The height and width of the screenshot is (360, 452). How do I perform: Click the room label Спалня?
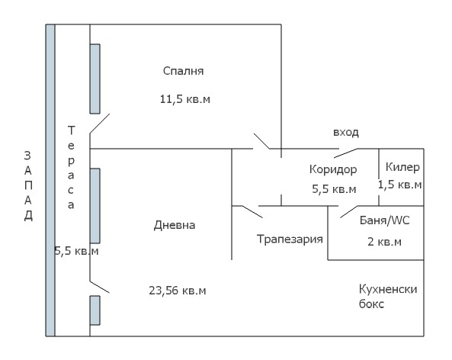click(x=184, y=71)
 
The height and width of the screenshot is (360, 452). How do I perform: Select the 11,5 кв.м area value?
click(x=184, y=100)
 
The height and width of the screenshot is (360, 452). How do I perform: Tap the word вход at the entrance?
click(x=345, y=132)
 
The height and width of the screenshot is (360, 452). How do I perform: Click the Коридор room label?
click(x=333, y=169)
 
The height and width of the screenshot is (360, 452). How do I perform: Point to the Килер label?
click(x=402, y=167)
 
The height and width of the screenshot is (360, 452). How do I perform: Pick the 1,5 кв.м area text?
click(x=400, y=185)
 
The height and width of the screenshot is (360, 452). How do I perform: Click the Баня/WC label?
click(x=385, y=220)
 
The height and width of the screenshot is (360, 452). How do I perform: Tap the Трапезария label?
click(x=290, y=238)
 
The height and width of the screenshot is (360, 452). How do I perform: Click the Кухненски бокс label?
click(x=389, y=296)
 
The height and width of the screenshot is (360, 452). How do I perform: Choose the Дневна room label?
click(x=175, y=225)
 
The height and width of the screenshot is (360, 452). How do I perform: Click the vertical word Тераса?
click(x=71, y=168)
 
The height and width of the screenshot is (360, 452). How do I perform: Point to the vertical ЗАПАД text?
click(x=27, y=186)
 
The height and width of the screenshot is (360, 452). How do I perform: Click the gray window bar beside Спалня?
click(x=95, y=79)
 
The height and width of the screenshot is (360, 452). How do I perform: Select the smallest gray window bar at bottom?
click(x=95, y=309)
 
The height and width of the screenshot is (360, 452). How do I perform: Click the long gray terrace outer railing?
click(x=50, y=181)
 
